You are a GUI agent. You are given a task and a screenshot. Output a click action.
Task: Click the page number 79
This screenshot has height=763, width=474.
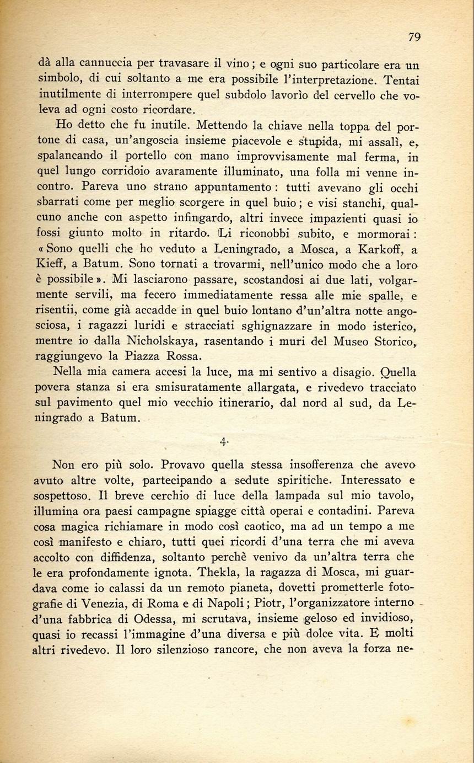pos(414,37)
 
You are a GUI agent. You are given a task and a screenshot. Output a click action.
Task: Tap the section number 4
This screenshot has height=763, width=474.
pos(223,441)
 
